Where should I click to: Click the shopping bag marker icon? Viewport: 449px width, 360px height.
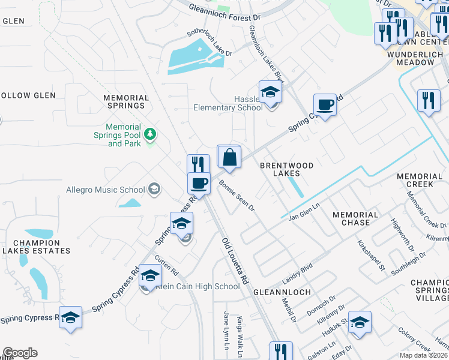(229, 158)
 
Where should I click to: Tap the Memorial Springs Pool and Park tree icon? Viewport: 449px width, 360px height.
(150, 133)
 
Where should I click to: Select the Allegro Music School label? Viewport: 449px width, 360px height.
(106, 190)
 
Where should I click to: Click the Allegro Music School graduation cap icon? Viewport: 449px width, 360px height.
(154, 190)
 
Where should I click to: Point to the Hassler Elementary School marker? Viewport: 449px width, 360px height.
(270, 93)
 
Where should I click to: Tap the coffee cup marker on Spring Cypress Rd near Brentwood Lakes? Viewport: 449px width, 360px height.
(325, 106)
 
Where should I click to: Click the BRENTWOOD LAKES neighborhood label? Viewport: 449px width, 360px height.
(279, 169)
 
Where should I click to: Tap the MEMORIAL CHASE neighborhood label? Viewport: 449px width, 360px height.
(355, 218)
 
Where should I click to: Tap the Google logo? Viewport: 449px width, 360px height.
(20, 353)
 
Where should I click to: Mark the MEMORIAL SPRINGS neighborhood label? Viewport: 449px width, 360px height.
(126, 101)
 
